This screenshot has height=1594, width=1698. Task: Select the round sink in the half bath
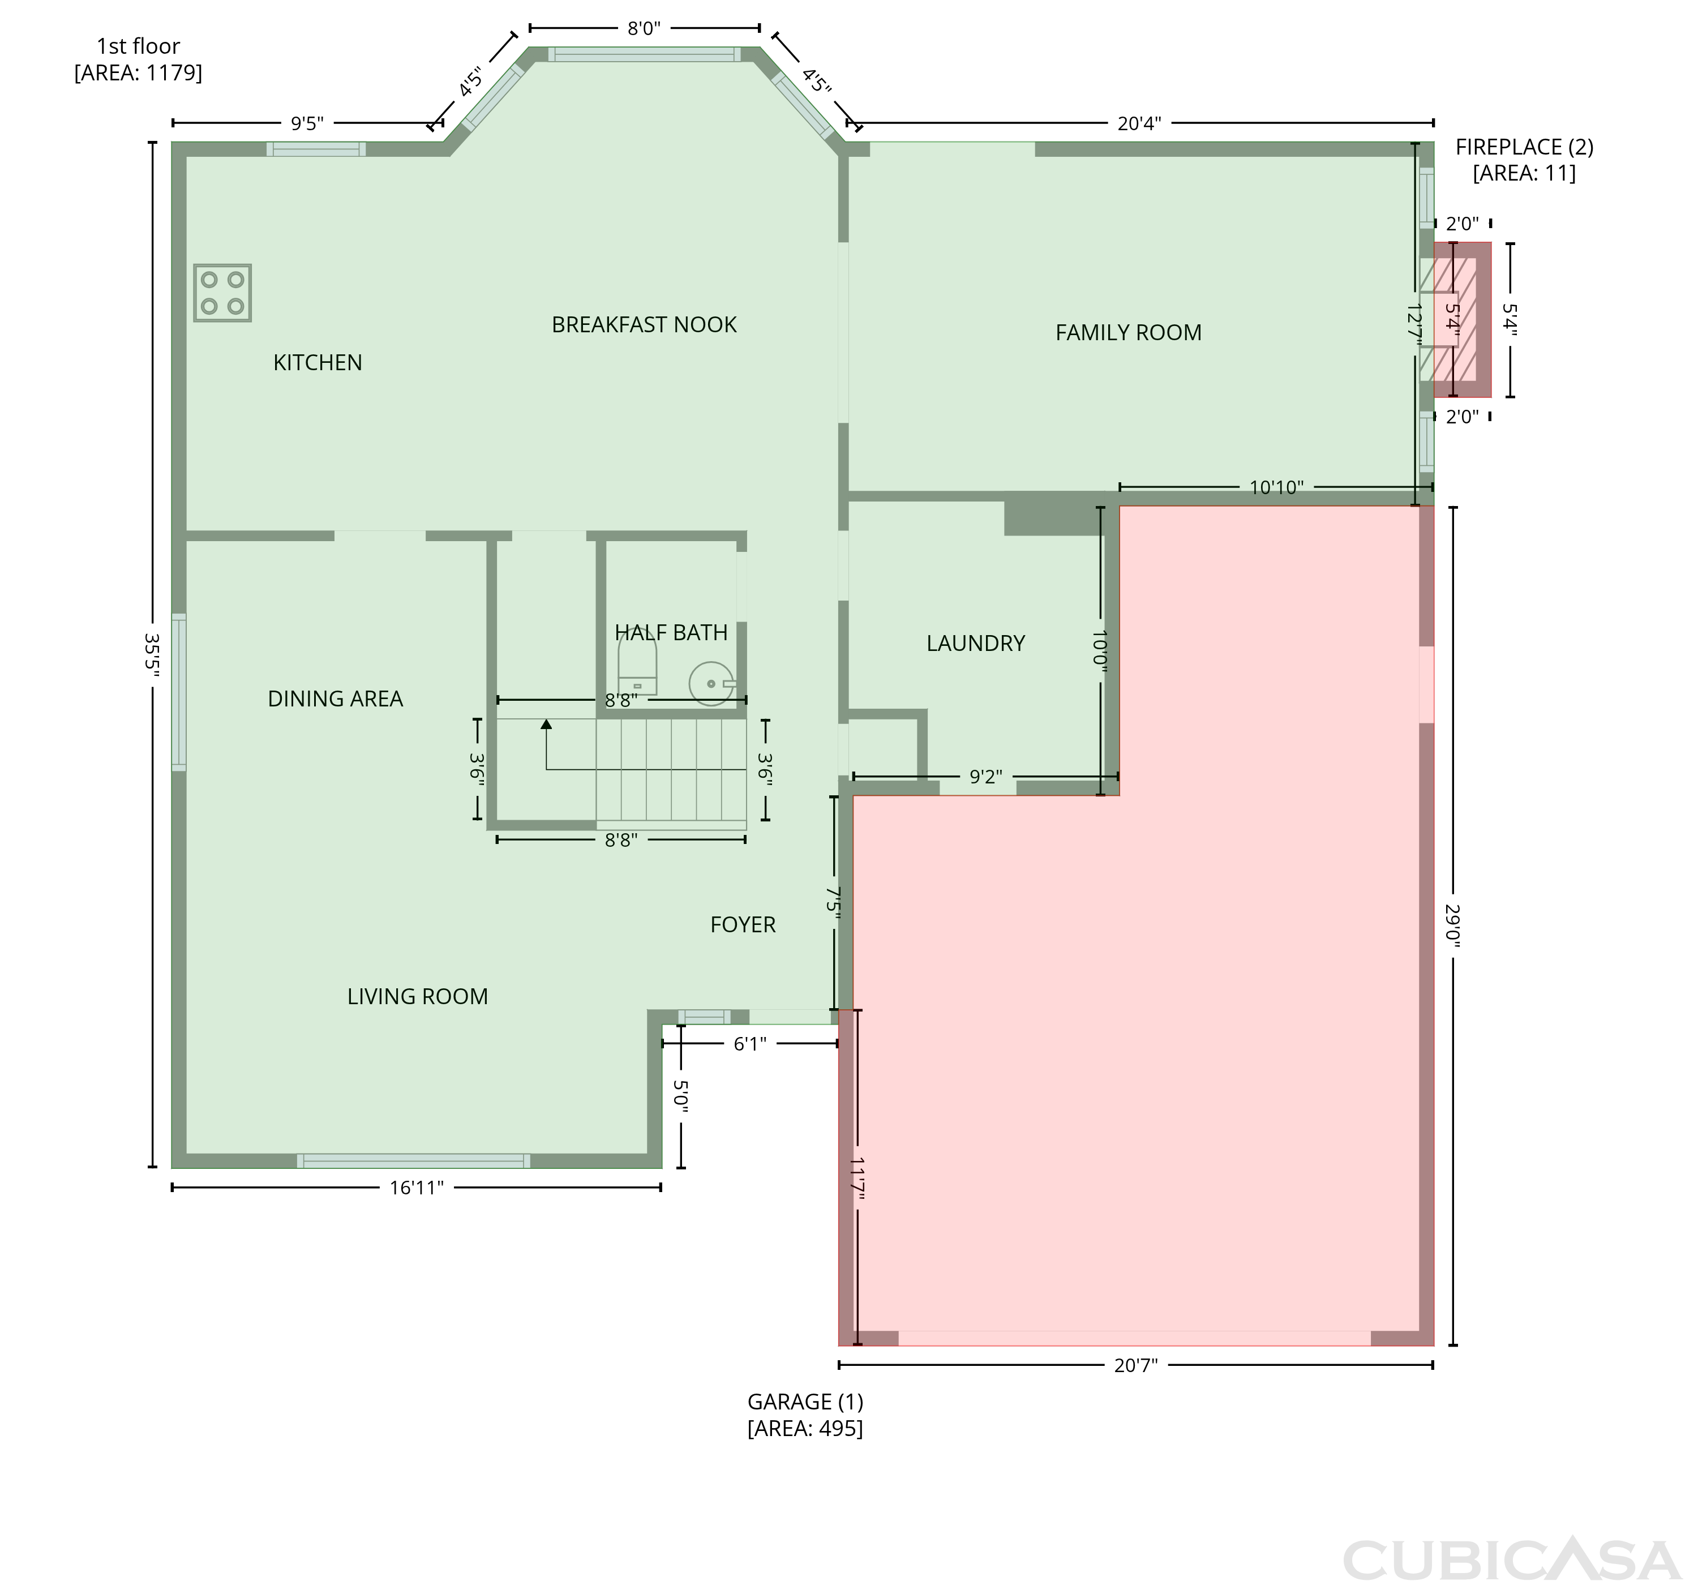(x=711, y=683)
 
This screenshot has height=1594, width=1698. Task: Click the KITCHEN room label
(x=318, y=362)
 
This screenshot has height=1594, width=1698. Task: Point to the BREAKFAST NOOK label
(x=644, y=324)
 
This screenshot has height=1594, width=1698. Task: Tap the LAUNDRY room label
(x=975, y=643)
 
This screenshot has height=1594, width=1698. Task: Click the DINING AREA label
(x=335, y=699)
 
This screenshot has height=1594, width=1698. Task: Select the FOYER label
(x=743, y=924)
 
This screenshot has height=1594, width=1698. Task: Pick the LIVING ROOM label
(x=418, y=996)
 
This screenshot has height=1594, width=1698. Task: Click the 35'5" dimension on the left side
(x=153, y=654)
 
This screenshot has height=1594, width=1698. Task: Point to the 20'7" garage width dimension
(x=1136, y=1365)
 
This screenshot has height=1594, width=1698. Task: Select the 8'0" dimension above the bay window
(x=644, y=28)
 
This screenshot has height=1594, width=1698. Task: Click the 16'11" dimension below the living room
(x=417, y=1188)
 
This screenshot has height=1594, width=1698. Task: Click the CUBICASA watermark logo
(x=1511, y=1560)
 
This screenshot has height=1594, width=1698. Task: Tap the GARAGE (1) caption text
(x=805, y=1402)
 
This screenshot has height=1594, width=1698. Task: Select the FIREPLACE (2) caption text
(x=1525, y=147)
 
